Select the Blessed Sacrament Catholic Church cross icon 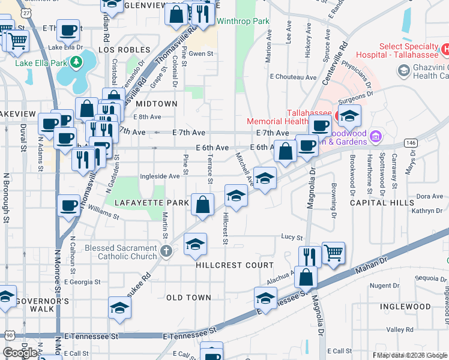pyautogui.click(x=166, y=252)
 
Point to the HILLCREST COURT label pyautogui.click(x=235, y=265)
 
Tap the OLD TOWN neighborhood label pyautogui.click(x=188, y=298)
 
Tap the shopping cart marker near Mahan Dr pyautogui.click(x=334, y=253)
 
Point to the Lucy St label pyautogui.click(x=291, y=238)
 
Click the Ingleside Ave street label pyautogui.click(x=160, y=176)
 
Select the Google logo pyautogui.click(x=20, y=353)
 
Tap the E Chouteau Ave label pyautogui.click(x=293, y=77)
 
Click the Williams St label pyautogui.click(x=100, y=211)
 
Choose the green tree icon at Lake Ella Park pyautogui.click(x=76, y=62)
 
